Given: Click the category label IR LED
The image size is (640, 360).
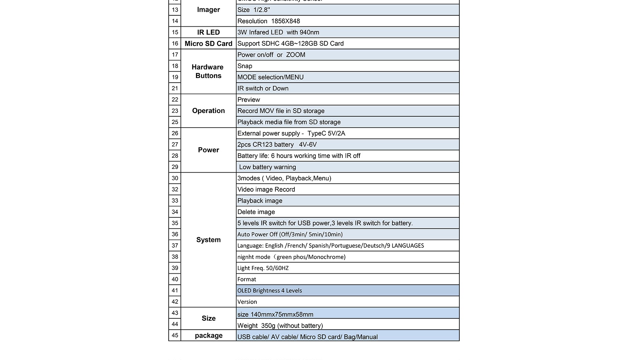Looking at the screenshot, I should [x=208, y=32].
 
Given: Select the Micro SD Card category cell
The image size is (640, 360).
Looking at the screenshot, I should [x=208, y=44].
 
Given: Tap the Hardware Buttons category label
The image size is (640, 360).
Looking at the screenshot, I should [x=208, y=71].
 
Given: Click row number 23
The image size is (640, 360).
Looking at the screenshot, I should [x=175, y=111].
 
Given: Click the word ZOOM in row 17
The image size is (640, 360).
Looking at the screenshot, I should [x=295, y=55].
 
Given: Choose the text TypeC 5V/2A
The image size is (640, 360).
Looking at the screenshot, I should [x=326, y=133].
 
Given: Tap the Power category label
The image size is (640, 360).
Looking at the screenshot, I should [x=208, y=150].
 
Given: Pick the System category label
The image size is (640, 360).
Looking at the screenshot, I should [x=208, y=240].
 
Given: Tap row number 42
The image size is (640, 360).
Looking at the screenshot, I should [x=175, y=302].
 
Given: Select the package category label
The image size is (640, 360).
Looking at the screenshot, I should [x=208, y=336].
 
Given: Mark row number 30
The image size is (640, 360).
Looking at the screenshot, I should [x=175, y=178].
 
